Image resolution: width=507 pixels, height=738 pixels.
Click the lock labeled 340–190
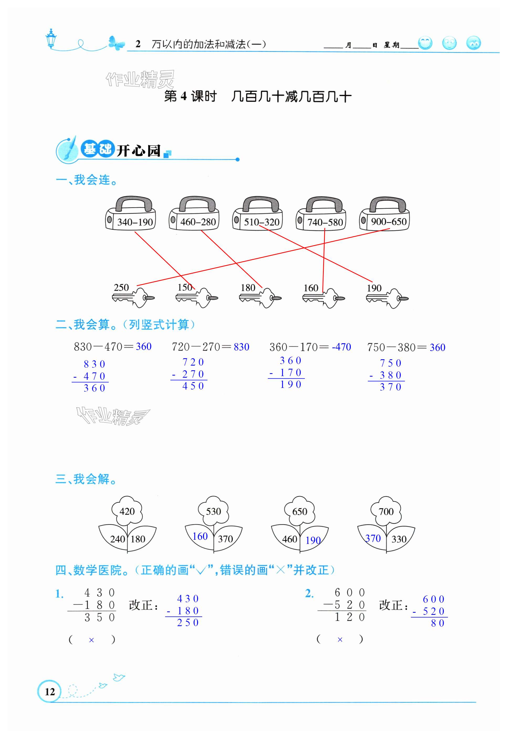[x=130, y=214]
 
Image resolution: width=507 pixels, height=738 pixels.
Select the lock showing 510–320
[x=258, y=214]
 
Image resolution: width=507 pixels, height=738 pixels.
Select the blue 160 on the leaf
[x=200, y=537]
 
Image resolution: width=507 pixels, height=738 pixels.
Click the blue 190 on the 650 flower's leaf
[x=313, y=540]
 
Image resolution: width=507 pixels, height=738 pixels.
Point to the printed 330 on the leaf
[x=399, y=539]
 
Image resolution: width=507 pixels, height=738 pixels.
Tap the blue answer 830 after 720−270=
[x=242, y=347]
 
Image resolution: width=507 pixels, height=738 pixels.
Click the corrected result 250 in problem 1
[x=188, y=623]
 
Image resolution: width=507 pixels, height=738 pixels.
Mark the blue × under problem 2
[x=340, y=640]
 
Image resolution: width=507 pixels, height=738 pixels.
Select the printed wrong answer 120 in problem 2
[x=349, y=617]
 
